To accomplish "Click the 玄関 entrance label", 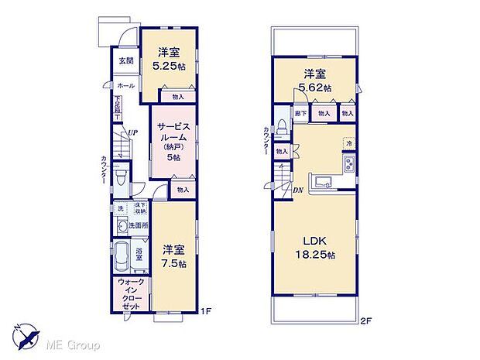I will click(x=125, y=60).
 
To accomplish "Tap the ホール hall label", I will click(x=125, y=85).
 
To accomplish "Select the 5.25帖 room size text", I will click(x=170, y=67).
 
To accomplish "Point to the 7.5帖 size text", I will click(x=174, y=262).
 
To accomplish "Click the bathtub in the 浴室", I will click(x=124, y=253).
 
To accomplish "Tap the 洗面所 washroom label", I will click(x=139, y=225).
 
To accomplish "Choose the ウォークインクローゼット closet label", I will click(x=130, y=293).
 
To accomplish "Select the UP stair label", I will click(x=134, y=133).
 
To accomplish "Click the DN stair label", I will click(x=297, y=189).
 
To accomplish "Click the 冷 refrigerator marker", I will click(x=350, y=144).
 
